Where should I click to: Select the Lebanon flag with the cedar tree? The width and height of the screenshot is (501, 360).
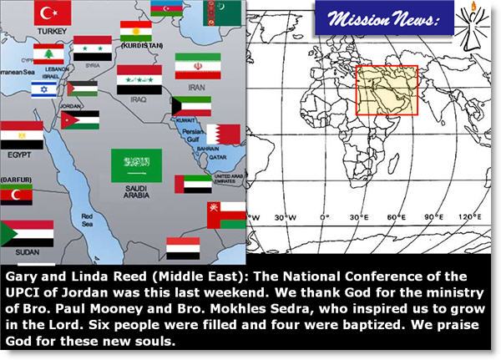click(x=48, y=54)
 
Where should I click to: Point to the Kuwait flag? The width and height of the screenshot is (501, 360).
click(x=190, y=106)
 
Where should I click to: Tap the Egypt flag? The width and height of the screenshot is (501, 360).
click(x=22, y=133)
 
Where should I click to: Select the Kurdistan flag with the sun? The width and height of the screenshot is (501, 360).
click(x=136, y=32)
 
